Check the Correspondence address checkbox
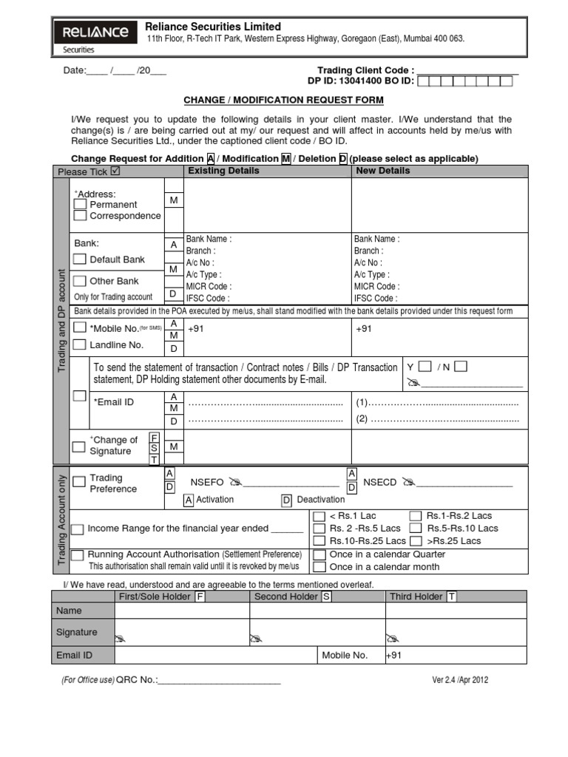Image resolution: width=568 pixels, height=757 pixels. click(x=81, y=216)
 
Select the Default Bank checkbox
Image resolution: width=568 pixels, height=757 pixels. click(x=80, y=259)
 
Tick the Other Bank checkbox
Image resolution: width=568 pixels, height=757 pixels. click(x=80, y=281)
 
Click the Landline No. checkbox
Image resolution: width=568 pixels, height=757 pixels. click(x=80, y=345)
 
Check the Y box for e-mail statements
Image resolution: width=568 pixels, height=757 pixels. click(x=425, y=367)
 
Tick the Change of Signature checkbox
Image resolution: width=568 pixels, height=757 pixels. click(x=78, y=447)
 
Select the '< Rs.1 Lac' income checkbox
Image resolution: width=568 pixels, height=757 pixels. click(x=319, y=516)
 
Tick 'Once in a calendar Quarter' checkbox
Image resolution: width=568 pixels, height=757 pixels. click(x=319, y=554)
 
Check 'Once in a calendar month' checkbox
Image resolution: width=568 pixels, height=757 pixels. click(x=319, y=567)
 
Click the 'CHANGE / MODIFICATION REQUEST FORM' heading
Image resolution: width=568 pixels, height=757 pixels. click(x=283, y=100)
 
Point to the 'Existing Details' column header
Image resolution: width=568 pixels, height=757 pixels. click(x=223, y=171)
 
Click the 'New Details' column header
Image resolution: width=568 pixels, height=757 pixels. click(x=382, y=171)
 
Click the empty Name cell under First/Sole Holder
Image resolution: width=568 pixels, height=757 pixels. click(x=182, y=611)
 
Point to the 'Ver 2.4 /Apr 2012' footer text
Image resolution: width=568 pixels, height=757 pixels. click(x=460, y=680)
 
